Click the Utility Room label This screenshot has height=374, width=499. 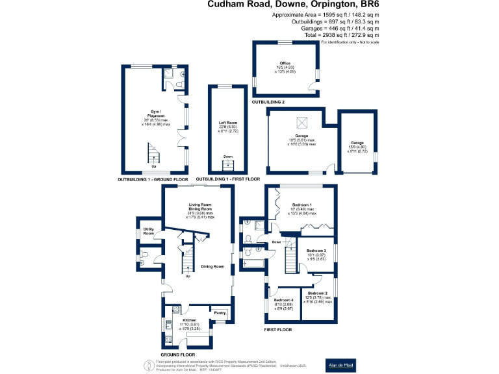(x=149, y=231)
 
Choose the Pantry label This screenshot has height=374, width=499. (x=220, y=313)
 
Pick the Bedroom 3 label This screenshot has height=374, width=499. (x=316, y=250)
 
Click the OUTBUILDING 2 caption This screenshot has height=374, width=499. (x=268, y=103)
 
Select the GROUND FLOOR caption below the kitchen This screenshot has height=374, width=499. (x=177, y=355)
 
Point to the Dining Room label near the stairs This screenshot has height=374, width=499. (x=212, y=266)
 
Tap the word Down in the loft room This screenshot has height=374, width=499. (x=227, y=156)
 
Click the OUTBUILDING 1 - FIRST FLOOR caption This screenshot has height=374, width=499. (x=228, y=179)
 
